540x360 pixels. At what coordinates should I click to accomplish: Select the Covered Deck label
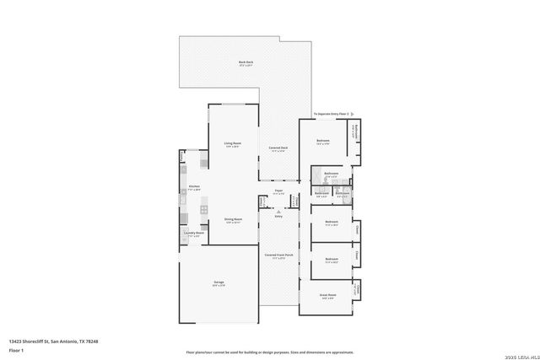[x=278, y=149]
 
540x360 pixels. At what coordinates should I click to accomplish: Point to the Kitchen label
[x=194, y=188]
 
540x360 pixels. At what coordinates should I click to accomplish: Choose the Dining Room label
[x=233, y=220]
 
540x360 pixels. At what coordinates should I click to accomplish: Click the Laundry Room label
[x=195, y=234]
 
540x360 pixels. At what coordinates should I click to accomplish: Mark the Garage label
[x=219, y=282]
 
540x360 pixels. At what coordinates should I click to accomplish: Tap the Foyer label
[x=277, y=191]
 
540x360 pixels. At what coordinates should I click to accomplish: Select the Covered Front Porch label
[x=278, y=255]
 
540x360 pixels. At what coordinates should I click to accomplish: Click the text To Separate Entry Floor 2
[x=332, y=114]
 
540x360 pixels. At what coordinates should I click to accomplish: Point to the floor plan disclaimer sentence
[x=270, y=352]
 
